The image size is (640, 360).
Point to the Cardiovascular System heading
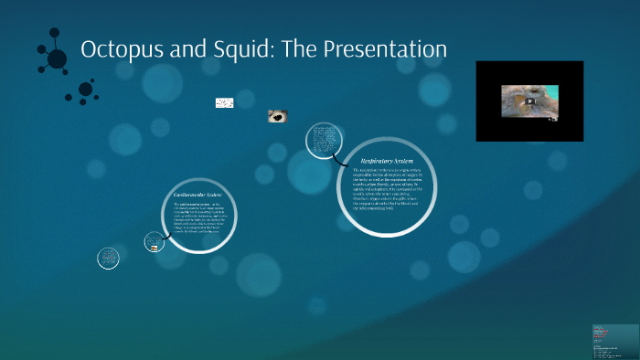[198, 196]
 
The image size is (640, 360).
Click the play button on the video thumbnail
[528, 101]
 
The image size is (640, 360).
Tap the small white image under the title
[224, 103]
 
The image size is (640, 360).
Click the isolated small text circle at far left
[108, 259]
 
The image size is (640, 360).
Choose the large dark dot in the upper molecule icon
[57, 58]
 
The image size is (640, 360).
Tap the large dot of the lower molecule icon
[85, 90]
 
